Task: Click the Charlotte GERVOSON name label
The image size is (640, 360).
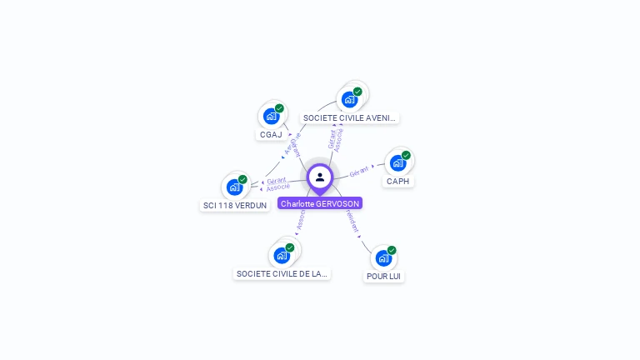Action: (x=320, y=203)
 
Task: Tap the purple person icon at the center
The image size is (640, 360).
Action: (x=320, y=177)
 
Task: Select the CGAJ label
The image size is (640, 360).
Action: (x=271, y=134)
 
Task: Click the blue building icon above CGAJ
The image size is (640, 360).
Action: (x=271, y=116)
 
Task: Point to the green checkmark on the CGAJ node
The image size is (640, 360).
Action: (x=279, y=108)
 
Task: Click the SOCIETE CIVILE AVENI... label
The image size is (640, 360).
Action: (x=349, y=118)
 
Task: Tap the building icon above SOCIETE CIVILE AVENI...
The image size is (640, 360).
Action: (x=349, y=99)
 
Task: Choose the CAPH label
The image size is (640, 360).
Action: (x=398, y=181)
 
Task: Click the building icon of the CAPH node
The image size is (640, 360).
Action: (x=397, y=162)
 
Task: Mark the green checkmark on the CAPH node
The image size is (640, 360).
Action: (x=406, y=155)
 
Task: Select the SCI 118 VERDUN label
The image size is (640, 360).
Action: (x=235, y=205)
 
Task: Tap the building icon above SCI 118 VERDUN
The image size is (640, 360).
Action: (x=234, y=187)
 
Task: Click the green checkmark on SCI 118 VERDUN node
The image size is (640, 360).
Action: (x=242, y=179)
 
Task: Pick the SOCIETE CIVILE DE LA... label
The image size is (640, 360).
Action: (x=282, y=273)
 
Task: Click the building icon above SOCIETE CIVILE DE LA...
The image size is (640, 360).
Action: (x=281, y=255)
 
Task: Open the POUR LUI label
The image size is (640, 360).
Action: (x=384, y=276)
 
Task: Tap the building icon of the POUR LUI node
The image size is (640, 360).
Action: (x=383, y=257)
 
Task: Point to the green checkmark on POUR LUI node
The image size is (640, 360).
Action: (x=392, y=250)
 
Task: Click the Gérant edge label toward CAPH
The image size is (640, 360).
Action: (x=359, y=172)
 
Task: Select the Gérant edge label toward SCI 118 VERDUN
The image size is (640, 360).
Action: (x=276, y=181)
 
